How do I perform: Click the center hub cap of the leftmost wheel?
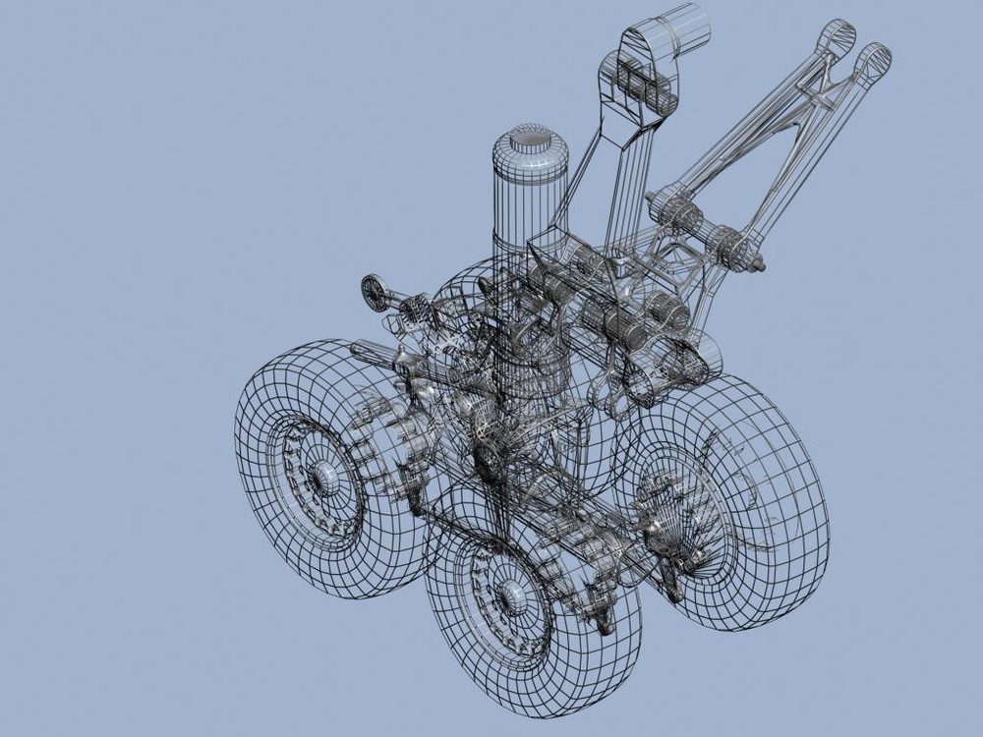pyautogui.click(x=320, y=475)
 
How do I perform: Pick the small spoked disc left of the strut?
pyautogui.click(x=375, y=291)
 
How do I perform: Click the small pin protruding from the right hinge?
pyautogui.click(x=759, y=264)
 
